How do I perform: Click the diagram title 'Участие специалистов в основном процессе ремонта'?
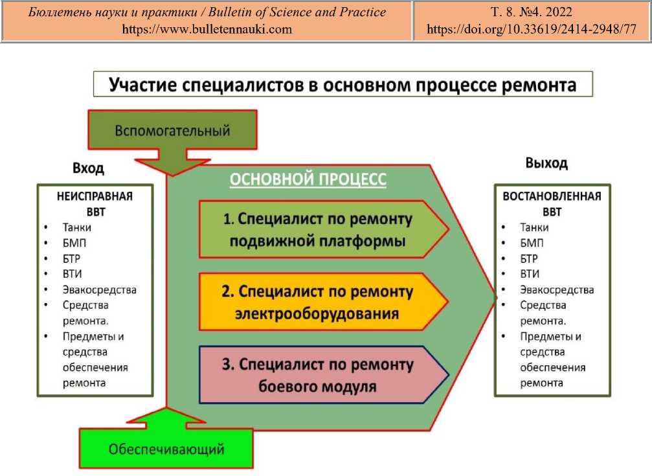[x=343, y=84]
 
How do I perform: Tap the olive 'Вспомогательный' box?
[x=172, y=130]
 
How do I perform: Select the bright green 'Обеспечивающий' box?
[x=166, y=448]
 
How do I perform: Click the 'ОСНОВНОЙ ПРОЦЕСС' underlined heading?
[x=308, y=179]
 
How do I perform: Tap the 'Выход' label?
[x=546, y=163]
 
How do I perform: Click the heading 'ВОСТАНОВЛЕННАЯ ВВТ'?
[x=552, y=204]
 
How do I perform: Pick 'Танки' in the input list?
[x=77, y=227]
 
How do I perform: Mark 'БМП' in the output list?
[x=532, y=243]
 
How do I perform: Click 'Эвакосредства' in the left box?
[x=100, y=289]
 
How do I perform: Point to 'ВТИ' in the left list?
[x=74, y=274]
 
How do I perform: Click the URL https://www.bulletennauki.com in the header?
[x=207, y=29]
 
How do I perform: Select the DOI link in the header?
[x=532, y=29]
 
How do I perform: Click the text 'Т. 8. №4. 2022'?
[x=532, y=12]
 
